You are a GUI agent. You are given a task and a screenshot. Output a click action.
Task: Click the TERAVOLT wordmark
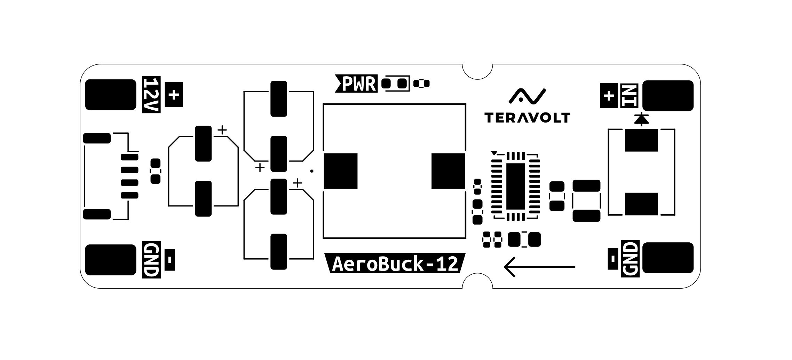[527, 118]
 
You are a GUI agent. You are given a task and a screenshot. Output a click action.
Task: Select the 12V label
[151, 95]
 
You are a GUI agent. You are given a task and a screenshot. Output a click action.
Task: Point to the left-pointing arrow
[539, 267]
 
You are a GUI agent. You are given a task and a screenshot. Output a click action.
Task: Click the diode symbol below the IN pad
[641, 119]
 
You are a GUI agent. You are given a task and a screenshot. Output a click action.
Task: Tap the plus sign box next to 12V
[174, 95]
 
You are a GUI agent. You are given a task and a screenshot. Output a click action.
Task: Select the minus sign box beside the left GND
[169, 260]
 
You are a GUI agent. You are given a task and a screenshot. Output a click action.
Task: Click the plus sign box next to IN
[609, 95]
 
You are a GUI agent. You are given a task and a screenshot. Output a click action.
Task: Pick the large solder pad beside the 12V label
[111, 95]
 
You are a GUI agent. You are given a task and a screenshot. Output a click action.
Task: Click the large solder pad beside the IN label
[668, 95]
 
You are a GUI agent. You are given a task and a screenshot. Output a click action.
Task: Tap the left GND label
[151, 260]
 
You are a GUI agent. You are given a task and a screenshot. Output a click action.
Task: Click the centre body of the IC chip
[515, 186]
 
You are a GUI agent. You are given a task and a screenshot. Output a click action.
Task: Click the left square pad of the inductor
[340, 171]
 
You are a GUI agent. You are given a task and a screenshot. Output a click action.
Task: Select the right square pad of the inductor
[448, 171]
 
